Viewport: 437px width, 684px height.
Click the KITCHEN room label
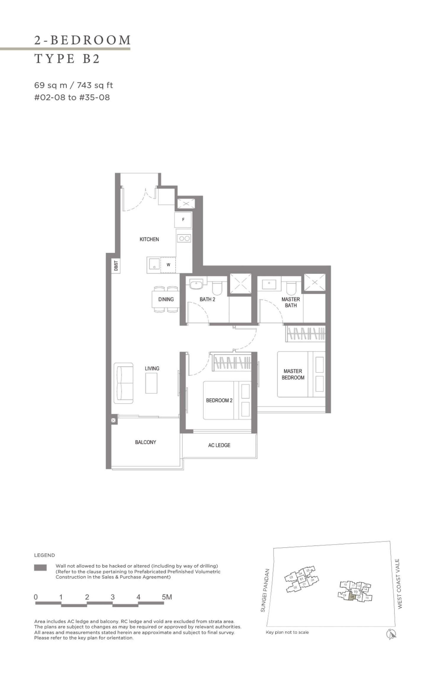(x=149, y=239)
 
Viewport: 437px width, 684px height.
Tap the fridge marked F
(x=183, y=220)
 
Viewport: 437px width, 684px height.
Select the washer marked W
(x=168, y=265)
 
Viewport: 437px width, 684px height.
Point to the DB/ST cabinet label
(x=116, y=265)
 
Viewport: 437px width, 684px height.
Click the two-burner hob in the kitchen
(x=184, y=238)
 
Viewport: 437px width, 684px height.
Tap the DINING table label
(x=166, y=299)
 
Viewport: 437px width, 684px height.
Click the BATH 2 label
(x=207, y=299)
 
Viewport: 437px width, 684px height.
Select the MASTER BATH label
(x=291, y=302)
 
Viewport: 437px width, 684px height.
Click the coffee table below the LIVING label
(x=151, y=383)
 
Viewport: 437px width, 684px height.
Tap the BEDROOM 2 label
(x=219, y=401)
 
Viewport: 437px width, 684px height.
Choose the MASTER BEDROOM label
(x=293, y=374)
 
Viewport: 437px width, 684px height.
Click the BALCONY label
(x=145, y=442)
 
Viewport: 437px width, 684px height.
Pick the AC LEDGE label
(x=219, y=445)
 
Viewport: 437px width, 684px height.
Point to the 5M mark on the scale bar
(x=167, y=597)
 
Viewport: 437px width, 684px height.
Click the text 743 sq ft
(x=95, y=85)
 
